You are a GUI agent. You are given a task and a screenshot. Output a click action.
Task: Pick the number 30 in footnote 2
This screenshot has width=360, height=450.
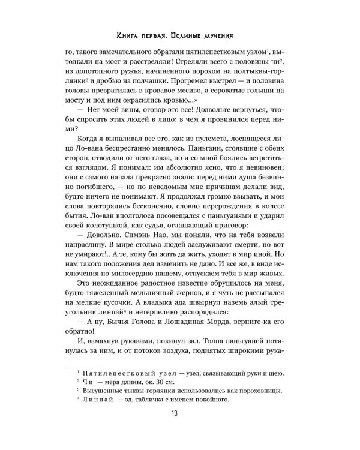162,383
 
